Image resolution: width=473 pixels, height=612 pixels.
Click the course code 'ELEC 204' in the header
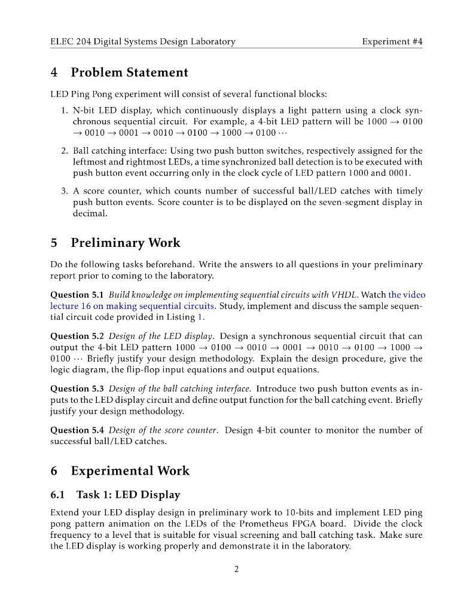(x=71, y=41)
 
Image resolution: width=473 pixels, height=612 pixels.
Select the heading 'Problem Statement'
(x=129, y=72)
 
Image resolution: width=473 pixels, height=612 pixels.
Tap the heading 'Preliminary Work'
(x=125, y=243)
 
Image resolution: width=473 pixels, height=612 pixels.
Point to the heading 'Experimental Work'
(x=130, y=470)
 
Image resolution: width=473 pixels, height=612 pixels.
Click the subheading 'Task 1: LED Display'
(x=128, y=494)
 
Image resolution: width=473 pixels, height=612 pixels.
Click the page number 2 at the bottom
(x=236, y=569)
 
